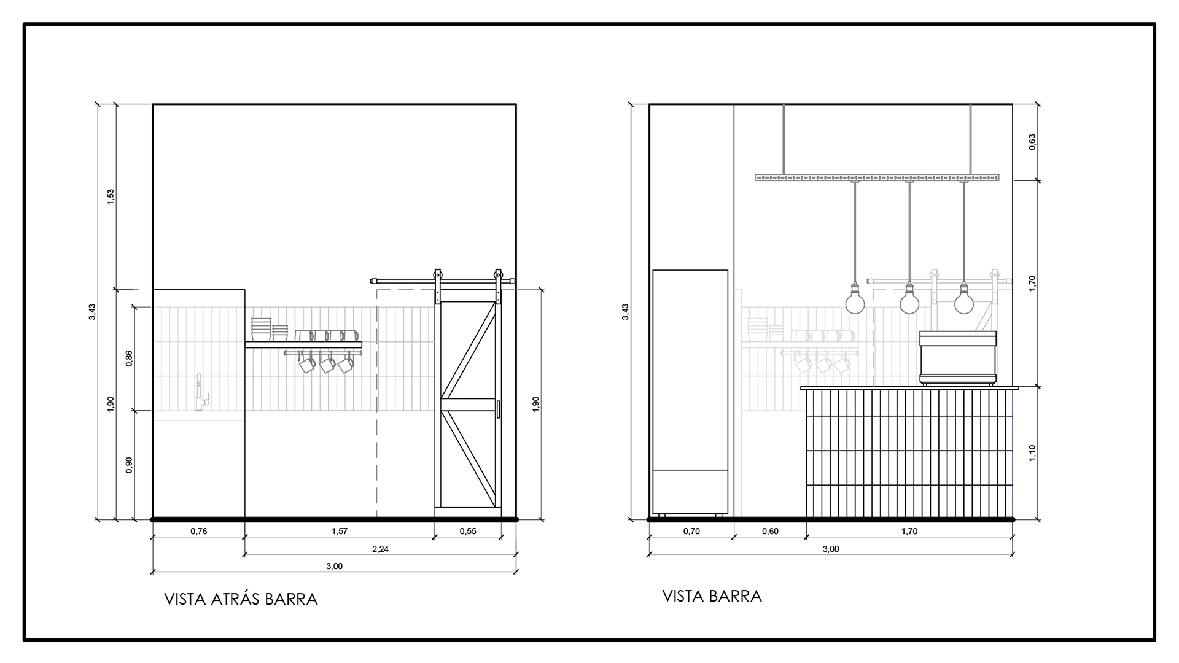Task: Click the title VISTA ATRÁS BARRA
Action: pyautogui.click(x=241, y=599)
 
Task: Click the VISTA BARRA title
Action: pyautogui.click(x=712, y=596)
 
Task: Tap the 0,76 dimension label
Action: pyautogui.click(x=199, y=532)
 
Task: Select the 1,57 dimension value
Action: pyautogui.click(x=340, y=532)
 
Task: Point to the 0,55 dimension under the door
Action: pyautogui.click(x=468, y=532)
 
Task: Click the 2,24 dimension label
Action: pyautogui.click(x=380, y=549)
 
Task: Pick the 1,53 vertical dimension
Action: pyautogui.click(x=111, y=197)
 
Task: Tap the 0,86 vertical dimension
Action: pyautogui.click(x=129, y=359)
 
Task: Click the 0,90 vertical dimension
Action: pyautogui.click(x=129, y=465)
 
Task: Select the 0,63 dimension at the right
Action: pyautogui.click(x=1032, y=142)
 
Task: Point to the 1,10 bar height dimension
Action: pyautogui.click(x=1032, y=454)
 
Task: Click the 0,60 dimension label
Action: pyautogui.click(x=770, y=532)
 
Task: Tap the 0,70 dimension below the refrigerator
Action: pyautogui.click(x=691, y=532)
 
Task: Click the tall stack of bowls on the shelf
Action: pyautogui.click(x=261, y=329)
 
